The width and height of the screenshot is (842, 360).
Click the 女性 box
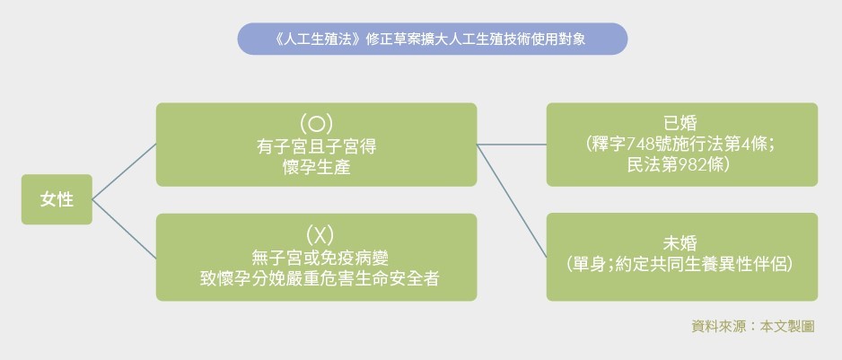click(57, 199)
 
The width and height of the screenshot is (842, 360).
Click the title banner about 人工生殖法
click(432, 40)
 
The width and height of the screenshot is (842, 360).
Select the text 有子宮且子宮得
click(315, 145)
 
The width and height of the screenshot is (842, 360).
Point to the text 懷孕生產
click(315, 165)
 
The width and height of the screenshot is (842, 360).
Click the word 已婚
click(681, 123)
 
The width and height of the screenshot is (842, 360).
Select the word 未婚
click(681, 242)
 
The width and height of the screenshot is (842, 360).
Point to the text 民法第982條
click(681, 166)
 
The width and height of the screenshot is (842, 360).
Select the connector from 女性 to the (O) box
click(124, 171)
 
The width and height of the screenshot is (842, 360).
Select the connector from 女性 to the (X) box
click(124, 228)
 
